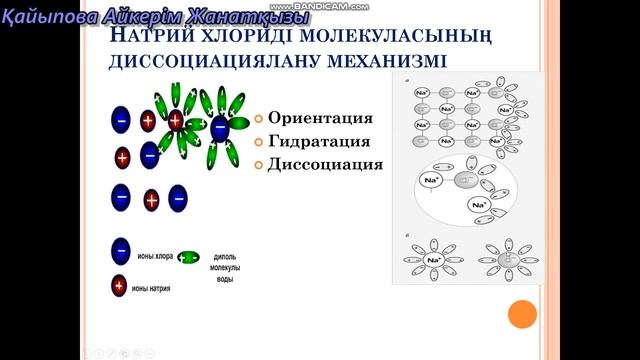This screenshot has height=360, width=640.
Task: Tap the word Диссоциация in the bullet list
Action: point(325,164)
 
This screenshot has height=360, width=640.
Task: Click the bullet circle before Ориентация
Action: point(258,117)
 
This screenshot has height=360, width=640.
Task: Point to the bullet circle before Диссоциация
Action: point(258,165)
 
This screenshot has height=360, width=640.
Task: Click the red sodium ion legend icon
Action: point(119,287)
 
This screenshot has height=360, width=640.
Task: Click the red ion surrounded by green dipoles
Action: point(176,121)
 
